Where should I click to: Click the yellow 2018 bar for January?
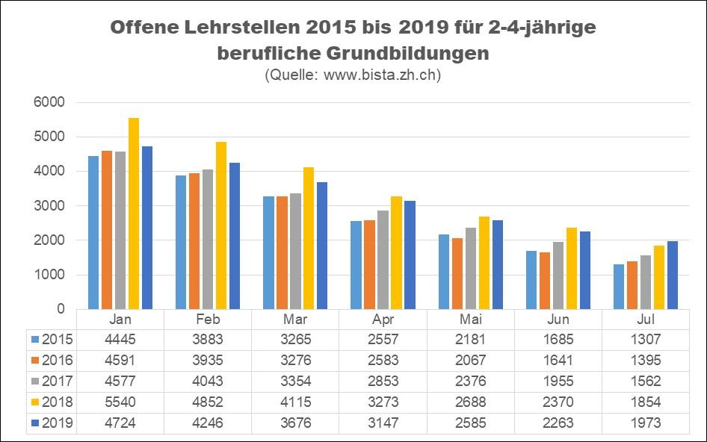click(134, 214)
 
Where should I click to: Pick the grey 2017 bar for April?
click(383, 260)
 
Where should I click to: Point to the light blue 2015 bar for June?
click(531, 280)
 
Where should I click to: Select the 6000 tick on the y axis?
click(52, 102)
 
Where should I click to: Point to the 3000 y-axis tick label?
click(52, 206)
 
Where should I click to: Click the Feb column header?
click(208, 319)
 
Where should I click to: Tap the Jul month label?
click(645, 319)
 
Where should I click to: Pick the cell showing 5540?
click(120, 402)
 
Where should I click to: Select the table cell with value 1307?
click(645, 340)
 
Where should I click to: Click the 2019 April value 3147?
click(383, 423)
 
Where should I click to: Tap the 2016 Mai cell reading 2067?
click(470, 361)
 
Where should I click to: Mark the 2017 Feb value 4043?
click(208, 382)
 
